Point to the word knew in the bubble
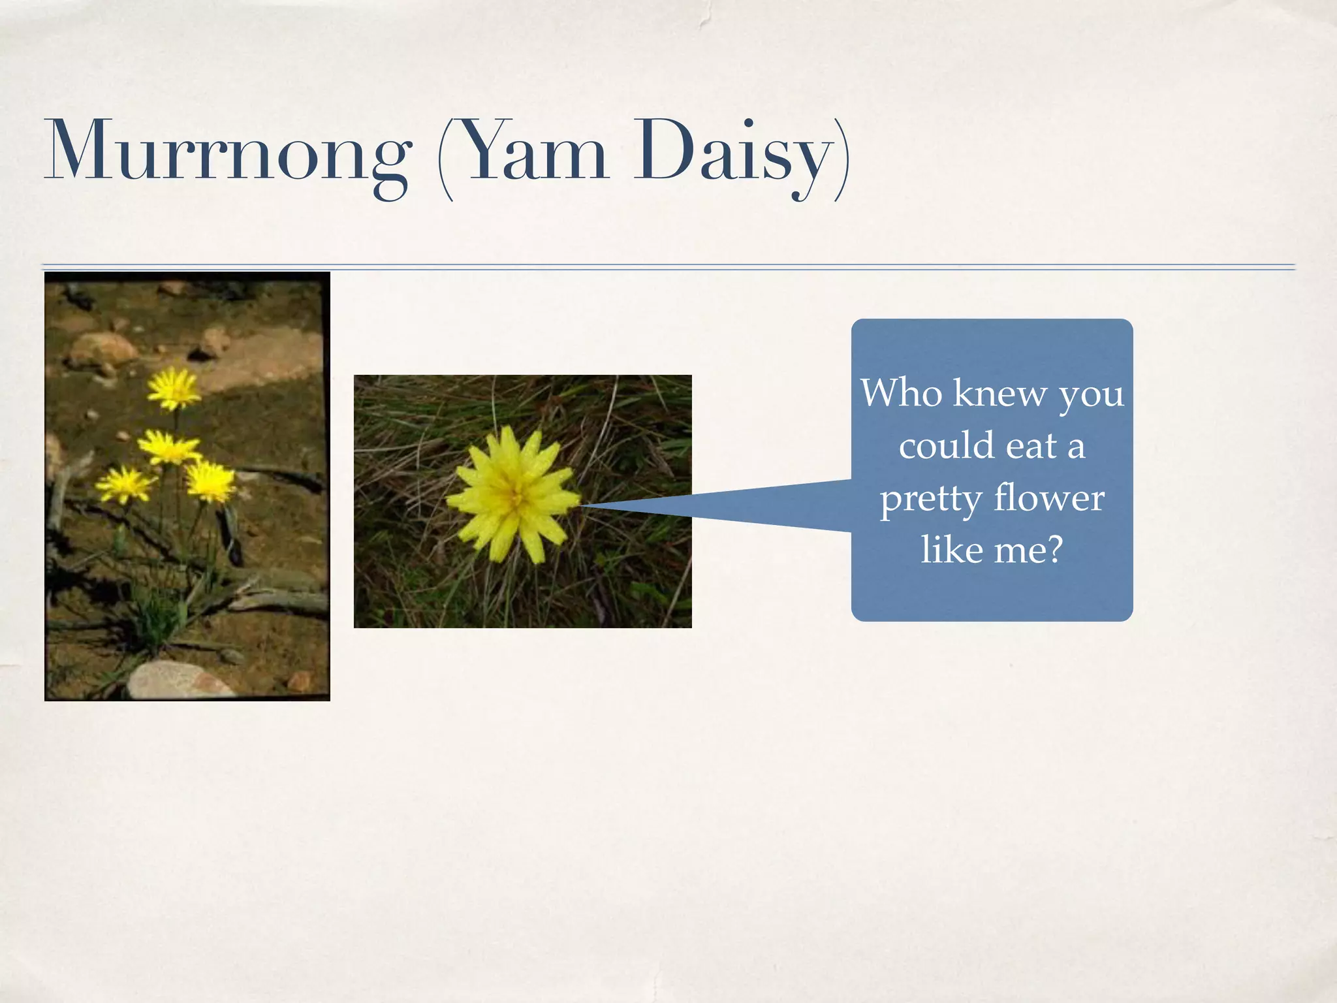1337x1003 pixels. (x=999, y=394)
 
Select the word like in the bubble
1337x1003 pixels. (x=951, y=550)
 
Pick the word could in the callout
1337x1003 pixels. (x=946, y=446)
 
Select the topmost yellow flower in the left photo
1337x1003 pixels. (x=173, y=388)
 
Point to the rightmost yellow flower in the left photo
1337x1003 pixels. (x=210, y=481)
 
